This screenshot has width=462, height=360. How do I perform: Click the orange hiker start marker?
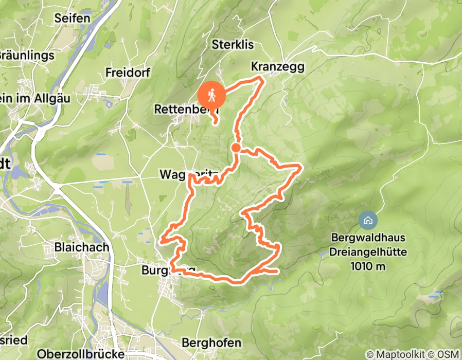coord(212,95)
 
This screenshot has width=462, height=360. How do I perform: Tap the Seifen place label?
coord(73,18)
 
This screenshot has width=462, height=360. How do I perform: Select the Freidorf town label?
coord(128,73)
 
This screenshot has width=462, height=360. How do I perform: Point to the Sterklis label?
coord(233,45)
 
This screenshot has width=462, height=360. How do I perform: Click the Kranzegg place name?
coord(278,67)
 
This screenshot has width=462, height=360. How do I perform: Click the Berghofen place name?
coord(211,343)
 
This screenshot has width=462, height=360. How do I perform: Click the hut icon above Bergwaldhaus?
coord(368,221)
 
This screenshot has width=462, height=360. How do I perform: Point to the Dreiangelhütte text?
coord(369,252)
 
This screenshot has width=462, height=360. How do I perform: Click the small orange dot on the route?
coord(236,148)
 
